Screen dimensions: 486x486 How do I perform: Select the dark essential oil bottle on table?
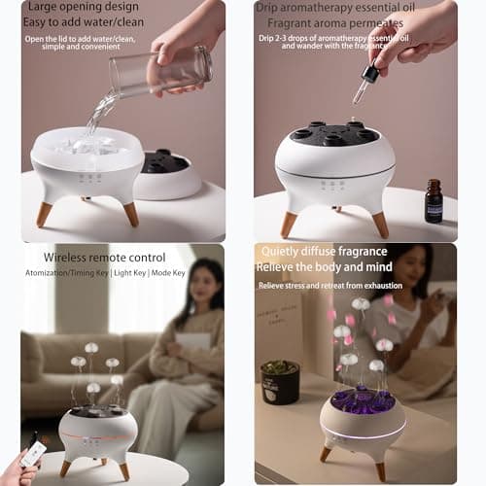[x=434, y=201]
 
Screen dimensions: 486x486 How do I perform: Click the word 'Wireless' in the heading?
[x=68, y=258]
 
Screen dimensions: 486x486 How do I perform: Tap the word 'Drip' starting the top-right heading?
[x=273, y=9]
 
